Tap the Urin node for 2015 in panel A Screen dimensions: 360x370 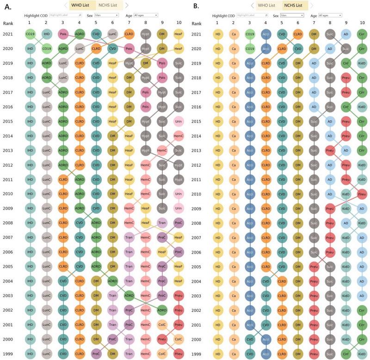(179, 122)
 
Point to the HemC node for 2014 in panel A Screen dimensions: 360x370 (179, 137)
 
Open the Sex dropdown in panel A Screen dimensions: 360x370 (106, 15)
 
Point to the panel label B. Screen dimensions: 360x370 (196, 6)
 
